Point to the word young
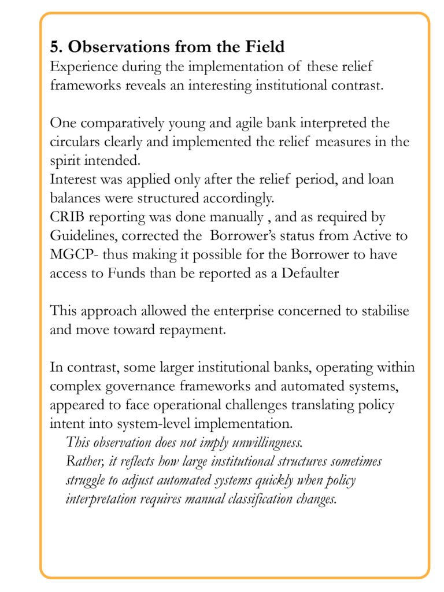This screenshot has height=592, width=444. [173, 123]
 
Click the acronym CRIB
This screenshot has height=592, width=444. [67, 217]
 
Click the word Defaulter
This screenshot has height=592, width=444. [310, 273]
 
